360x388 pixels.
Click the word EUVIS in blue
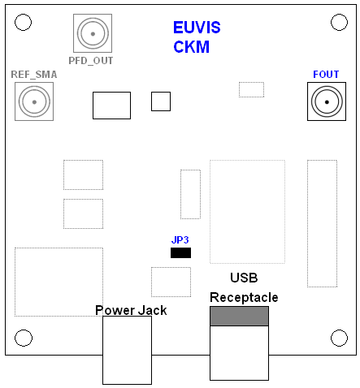[x=197, y=28]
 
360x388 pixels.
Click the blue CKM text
[x=191, y=47]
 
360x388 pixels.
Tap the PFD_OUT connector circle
[x=92, y=34]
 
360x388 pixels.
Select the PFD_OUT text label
[x=91, y=60]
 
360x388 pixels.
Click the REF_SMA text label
[x=34, y=75]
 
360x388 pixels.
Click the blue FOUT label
[x=326, y=75]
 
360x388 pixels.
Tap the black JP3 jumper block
[x=180, y=252]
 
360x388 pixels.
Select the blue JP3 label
[x=180, y=240]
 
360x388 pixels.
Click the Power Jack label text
[x=130, y=309]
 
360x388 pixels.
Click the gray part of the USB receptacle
[x=239, y=317]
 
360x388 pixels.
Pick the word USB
[x=244, y=278]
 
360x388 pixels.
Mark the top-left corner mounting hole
[x=24, y=22]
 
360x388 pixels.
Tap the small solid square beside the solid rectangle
[x=161, y=101]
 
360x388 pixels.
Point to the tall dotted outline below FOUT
[x=322, y=223]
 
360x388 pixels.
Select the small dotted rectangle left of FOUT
[x=251, y=89]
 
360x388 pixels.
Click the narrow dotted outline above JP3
[x=190, y=194]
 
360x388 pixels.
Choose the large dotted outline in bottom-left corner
[x=59, y=282]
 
